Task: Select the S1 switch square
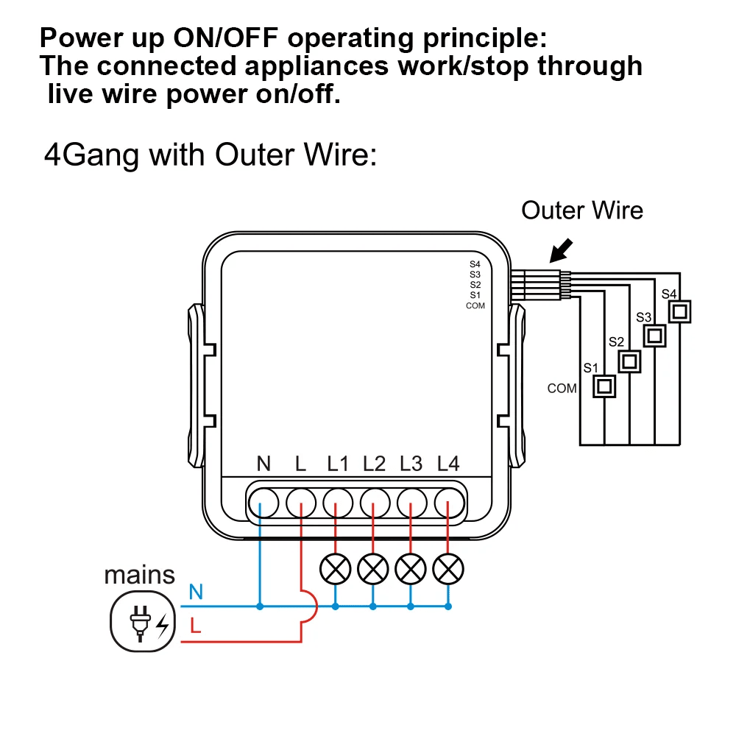(x=605, y=386)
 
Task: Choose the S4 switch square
(x=681, y=312)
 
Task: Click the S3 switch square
(x=654, y=336)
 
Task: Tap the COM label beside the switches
(x=562, y=388)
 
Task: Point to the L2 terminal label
(x=374, y=464)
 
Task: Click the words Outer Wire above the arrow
(x=581, y=210)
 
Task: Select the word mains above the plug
(x=140, y=575)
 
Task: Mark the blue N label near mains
(x=196, y=591)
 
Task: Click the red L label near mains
(x=195, y=627)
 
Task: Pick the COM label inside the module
(x=475, y=305)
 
